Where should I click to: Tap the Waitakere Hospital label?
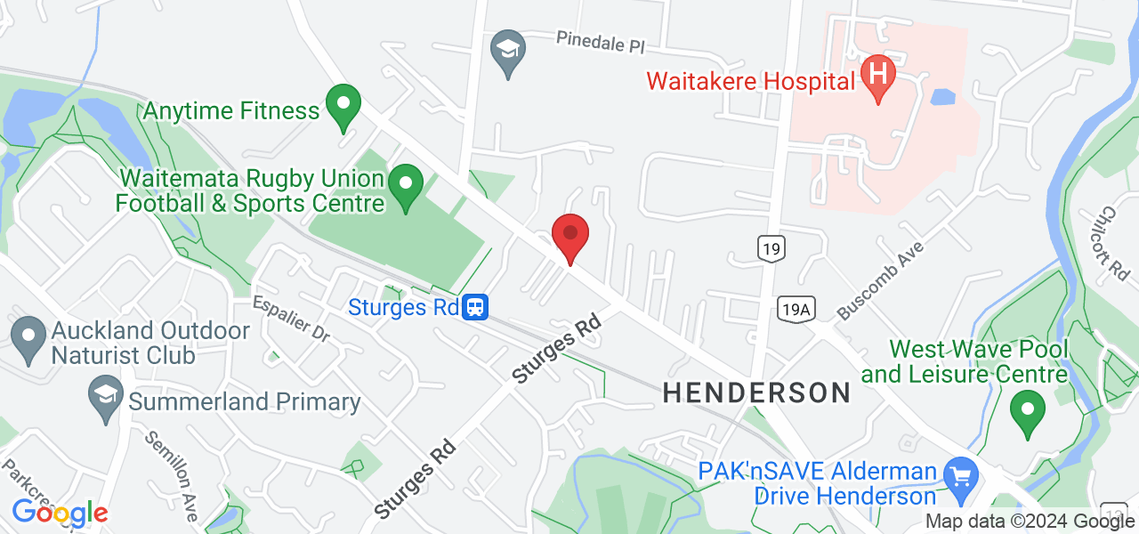point(750,82)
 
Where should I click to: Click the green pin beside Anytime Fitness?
point(343,105)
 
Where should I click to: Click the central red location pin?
point(569,237)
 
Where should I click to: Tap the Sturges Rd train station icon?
point(475,308)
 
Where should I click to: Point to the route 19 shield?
point(771,249)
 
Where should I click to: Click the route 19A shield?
point(796,308)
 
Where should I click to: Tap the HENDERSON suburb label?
point(756,392)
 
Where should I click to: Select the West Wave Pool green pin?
point(1028,411)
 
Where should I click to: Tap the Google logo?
point(59,513)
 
